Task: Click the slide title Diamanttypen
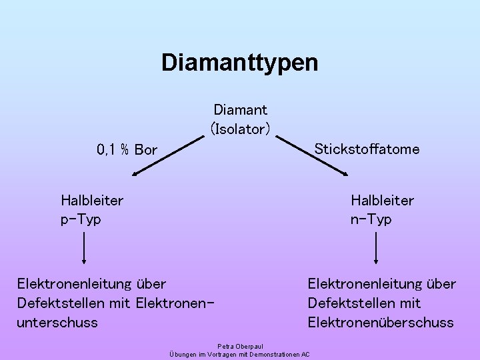239,63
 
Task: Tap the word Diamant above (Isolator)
240,109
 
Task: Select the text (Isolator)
240,128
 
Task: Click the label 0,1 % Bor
127,149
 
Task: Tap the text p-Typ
81,219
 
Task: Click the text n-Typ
371,219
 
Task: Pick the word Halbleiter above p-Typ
92,199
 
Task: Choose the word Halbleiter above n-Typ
382,200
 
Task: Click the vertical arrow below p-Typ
84,251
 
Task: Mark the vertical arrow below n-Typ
377,251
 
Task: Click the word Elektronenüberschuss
380,323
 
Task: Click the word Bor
145,149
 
